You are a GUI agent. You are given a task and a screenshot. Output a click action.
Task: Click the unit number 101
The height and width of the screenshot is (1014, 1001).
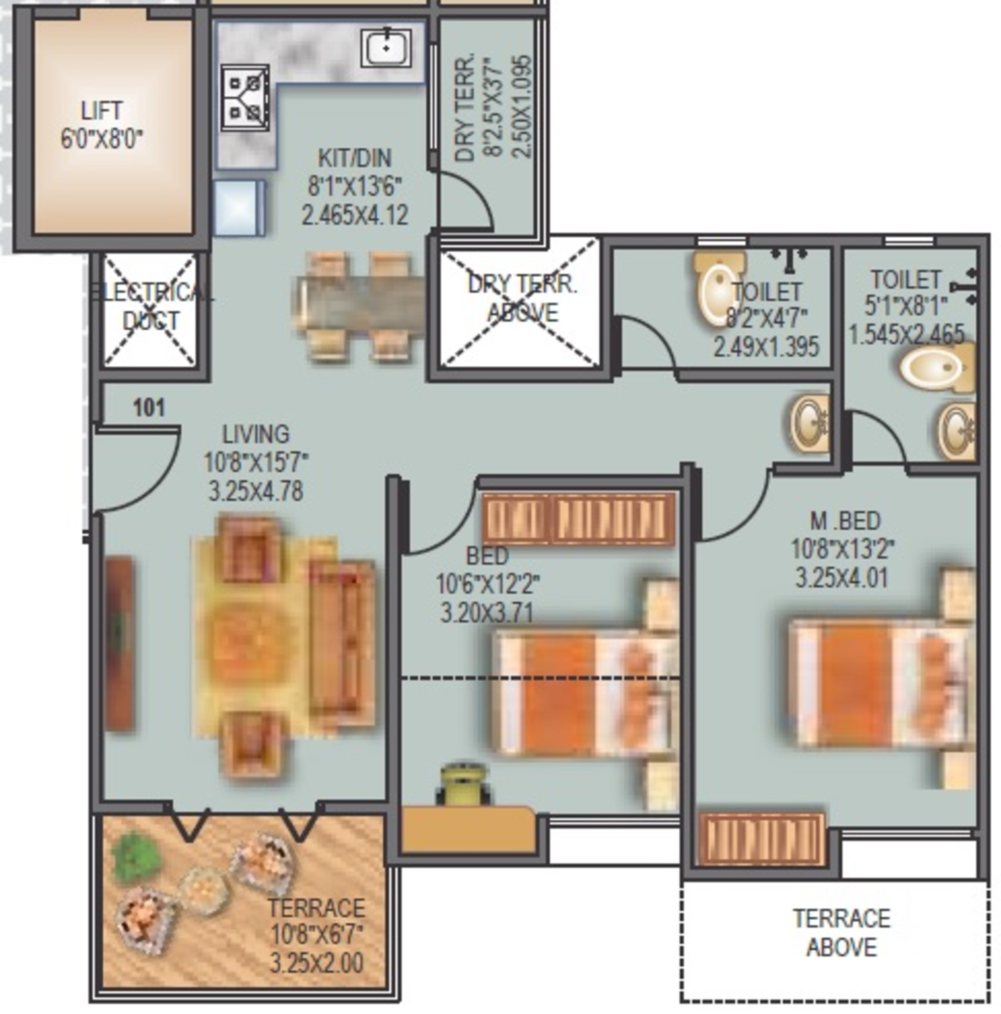pos(149,407)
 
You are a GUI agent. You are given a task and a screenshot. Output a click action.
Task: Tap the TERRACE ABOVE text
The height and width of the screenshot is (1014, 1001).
pos(841,933)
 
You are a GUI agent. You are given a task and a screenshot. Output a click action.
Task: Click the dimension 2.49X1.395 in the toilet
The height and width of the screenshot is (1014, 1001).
pos(766,347)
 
